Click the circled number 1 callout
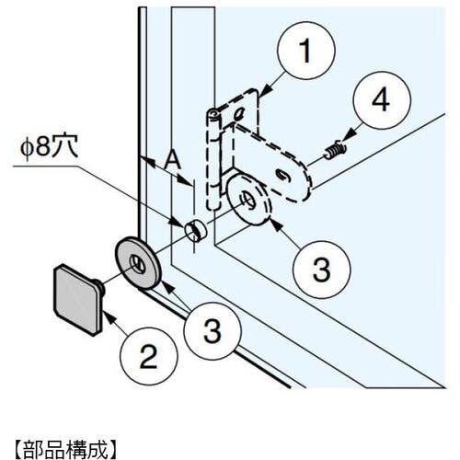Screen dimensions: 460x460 coord(306,51)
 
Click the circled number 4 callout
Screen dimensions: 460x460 coord(382,100)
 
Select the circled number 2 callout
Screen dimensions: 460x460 coord(149,356)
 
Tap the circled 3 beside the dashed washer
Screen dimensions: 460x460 coord(322,270)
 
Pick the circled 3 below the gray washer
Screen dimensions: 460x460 coord(213,331)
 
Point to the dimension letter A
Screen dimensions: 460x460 coord(172,161)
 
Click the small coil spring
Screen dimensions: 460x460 coord(336,149)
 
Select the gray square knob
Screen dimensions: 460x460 coord(78,300)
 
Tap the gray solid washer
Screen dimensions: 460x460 coord(137,263)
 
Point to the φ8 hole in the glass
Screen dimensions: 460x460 coord(196,230)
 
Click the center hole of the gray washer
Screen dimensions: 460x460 coord(137,264)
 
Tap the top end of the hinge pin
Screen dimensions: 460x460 coord(213,113)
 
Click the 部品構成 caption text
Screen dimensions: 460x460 coord(65,450)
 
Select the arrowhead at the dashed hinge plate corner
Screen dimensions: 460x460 coord(266,89)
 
